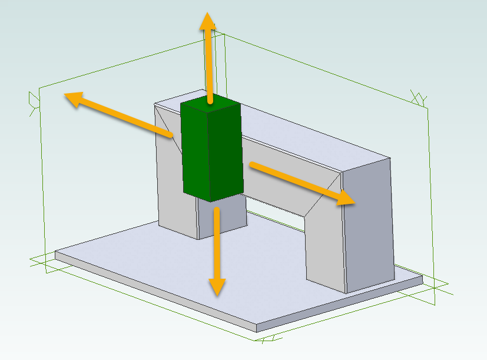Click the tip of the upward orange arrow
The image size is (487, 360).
pos(207,14)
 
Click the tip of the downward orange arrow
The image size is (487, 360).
pos(217,294)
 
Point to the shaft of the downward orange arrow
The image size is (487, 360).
pos(217,242)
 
